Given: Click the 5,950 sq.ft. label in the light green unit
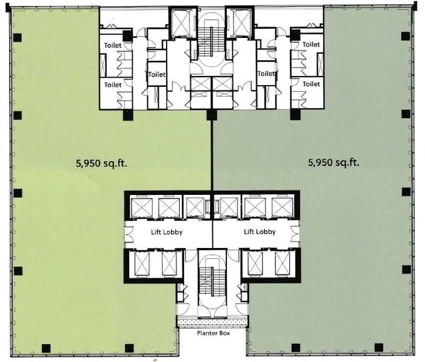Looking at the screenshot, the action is [101, 164].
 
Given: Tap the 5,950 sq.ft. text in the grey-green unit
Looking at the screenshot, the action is [333, 162].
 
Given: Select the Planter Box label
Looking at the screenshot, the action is [213, 333].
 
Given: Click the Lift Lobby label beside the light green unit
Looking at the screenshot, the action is [167, 232].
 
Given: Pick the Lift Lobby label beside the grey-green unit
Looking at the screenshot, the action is [260, 232].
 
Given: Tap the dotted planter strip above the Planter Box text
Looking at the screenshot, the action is [212, 322].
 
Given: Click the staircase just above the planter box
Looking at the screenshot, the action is [212, 283].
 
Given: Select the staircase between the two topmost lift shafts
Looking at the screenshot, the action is [211, 40].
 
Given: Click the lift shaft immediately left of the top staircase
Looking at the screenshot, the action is [183, 22].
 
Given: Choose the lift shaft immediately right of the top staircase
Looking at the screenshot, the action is [239, 22].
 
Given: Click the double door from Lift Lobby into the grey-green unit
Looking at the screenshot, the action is [296, 234].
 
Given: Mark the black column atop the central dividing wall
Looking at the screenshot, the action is [212, 115].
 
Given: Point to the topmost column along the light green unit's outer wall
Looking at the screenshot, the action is [18, 37].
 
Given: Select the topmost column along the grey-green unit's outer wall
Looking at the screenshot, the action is [406, 36].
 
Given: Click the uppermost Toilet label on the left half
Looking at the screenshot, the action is [113, 45].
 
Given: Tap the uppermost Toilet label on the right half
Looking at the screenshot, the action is [311, 44].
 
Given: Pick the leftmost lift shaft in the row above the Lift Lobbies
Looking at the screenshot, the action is [142, 208].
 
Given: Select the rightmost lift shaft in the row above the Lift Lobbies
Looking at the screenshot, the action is [282, 208].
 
